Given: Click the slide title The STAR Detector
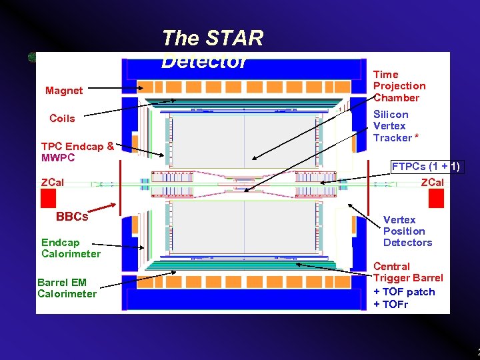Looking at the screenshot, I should [x=212, y=49].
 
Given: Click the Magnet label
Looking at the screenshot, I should [x=64, y=91].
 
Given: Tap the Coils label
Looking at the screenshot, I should [x=62, y=119].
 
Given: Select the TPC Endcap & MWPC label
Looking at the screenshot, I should [x=77, y=152].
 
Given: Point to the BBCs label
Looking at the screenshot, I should [x=72, y=217].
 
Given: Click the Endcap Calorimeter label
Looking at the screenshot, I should [x=71, y=248].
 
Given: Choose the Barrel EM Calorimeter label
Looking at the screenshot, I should [x=67, y=288].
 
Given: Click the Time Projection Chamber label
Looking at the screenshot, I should [x=399, y=86].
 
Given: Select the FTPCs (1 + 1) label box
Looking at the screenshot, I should [x=425, y=167].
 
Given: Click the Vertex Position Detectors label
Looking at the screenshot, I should [x=407, y=231].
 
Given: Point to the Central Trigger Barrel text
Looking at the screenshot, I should [x=407, y=272].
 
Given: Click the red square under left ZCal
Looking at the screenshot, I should [x=48, y=198].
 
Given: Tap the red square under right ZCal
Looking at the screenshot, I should [x=436, y=198].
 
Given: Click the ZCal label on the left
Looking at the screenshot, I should [x=53, y=182].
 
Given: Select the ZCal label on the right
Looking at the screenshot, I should [x=431, y=182].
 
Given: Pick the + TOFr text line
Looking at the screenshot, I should [x=391, y=305].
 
